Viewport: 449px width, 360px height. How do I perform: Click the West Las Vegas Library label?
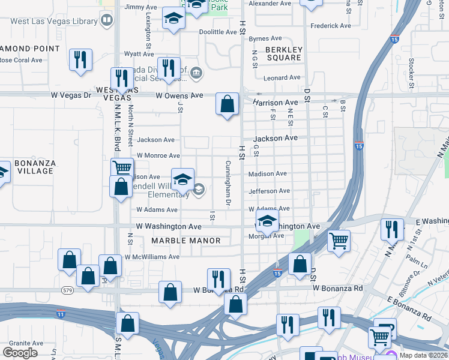54,22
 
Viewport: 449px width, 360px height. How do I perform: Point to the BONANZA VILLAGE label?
35,167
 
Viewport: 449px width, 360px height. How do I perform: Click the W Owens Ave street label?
179,95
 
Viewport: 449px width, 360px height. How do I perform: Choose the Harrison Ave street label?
275,103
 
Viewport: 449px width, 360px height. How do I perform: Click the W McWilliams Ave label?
152,257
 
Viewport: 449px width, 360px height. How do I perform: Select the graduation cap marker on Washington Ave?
267,220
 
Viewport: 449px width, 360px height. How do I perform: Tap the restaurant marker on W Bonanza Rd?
218,278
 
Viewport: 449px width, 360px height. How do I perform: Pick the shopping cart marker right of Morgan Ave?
339,241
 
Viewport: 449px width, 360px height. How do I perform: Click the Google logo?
20,352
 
